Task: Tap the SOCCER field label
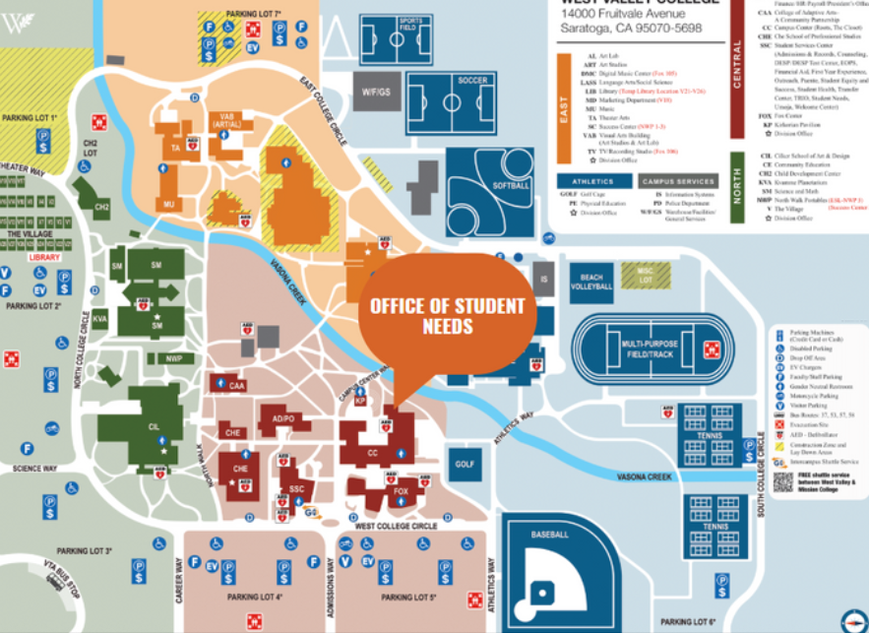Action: point(472,80)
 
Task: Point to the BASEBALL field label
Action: point(549,535)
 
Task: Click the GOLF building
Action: point(466,463)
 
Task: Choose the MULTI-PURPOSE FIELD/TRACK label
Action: point(647,348)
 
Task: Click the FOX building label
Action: point(401,491)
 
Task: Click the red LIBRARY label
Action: point(44,257)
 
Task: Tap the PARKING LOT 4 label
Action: point(255,598)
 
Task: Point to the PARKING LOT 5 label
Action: point(408,598)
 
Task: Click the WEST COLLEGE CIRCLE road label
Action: point(397,527)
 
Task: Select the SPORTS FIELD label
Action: point(411,24)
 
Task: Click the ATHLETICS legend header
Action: point(592,181)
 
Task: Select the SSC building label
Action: point(296,489)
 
